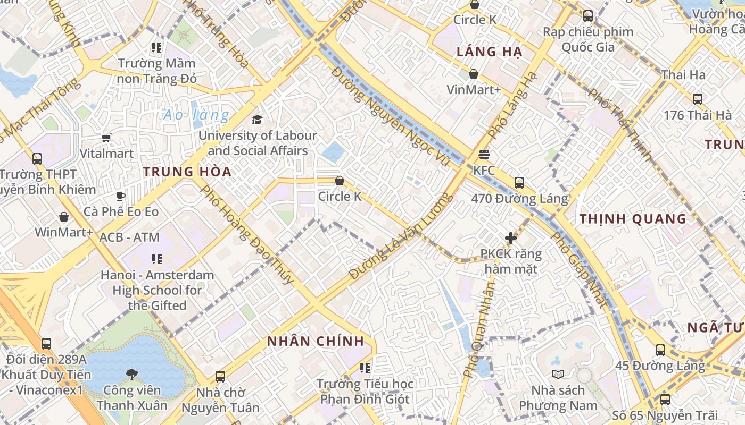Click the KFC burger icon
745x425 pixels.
pos(484,155)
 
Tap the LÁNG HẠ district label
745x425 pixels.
pos(490,52)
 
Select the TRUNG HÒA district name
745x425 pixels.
pos(187,172)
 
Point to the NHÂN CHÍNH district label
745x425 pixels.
pos(316,342)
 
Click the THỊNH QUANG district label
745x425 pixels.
pos(633,219)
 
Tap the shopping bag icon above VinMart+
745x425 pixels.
pos(473,74)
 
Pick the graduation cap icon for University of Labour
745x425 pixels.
pos(258,120)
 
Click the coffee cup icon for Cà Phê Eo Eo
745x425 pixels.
pos(121,196)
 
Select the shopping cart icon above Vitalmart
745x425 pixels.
pos(106,138)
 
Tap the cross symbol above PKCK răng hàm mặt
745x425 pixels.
pos(510,238)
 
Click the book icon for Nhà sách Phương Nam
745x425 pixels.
pos(558,374)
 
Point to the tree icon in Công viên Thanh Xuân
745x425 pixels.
pos(132,375)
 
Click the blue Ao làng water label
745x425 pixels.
pos(196,115)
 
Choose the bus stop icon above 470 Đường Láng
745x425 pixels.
pos(519,183)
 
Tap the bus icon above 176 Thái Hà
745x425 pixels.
pos(697,99)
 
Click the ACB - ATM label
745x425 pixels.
pos(129,237)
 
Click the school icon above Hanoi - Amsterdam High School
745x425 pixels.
pos(157,259)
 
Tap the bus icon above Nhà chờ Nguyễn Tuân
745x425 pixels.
pos(220,377)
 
